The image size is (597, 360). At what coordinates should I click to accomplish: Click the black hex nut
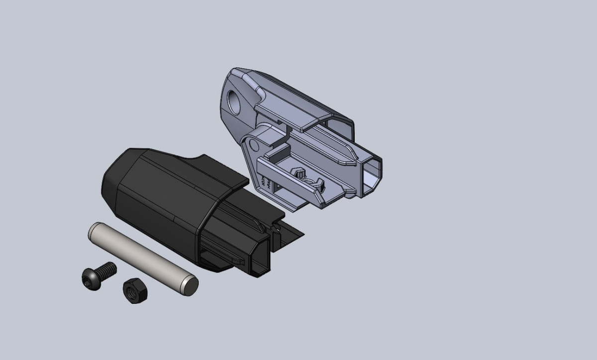pos(134,291)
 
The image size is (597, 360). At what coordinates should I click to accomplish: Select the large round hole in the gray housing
pos(234,100)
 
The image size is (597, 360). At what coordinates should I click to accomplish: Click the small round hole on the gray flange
pos(254,145)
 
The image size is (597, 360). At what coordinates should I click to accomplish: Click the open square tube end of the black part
pos(262,259)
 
